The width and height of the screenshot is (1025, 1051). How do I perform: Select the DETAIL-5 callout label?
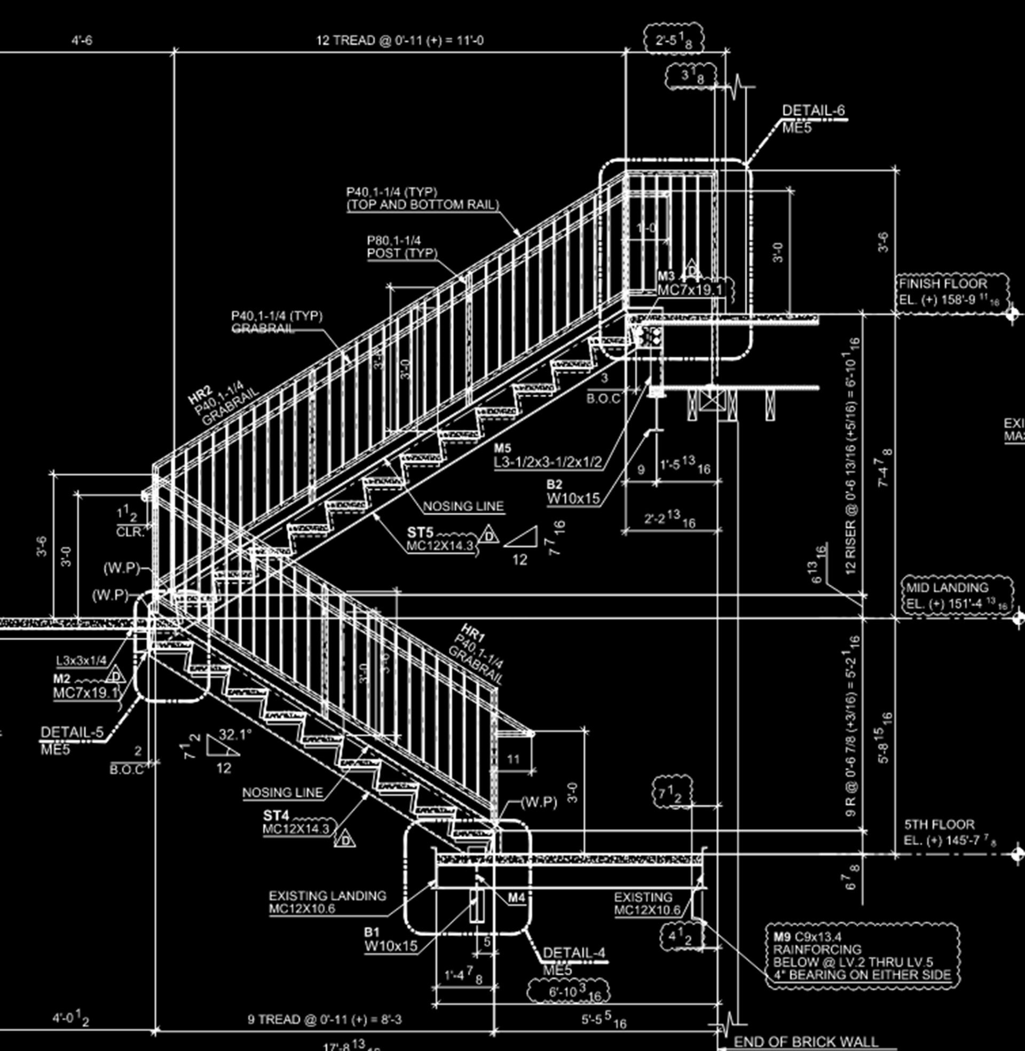tap(72, 732)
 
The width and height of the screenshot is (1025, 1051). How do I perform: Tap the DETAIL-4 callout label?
tap(573, 953)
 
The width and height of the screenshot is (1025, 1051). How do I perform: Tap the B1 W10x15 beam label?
tap(390, 939)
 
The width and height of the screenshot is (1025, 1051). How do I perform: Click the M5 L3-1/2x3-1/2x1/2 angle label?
tap(548, 456)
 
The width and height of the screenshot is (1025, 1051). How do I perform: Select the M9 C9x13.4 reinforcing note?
tap(861, 956)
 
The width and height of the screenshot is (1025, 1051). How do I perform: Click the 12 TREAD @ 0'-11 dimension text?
tap(399, 41)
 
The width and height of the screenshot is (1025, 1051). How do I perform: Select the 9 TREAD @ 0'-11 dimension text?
tap(324, 1019)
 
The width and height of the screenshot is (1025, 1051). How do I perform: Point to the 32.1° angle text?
tap(235, 735)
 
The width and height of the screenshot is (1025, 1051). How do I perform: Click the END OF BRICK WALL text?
tap(806, 1041)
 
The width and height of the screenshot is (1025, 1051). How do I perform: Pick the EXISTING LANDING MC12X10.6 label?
tap(327, 903)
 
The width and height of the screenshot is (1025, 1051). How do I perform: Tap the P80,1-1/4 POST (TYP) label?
tap(401, 247)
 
